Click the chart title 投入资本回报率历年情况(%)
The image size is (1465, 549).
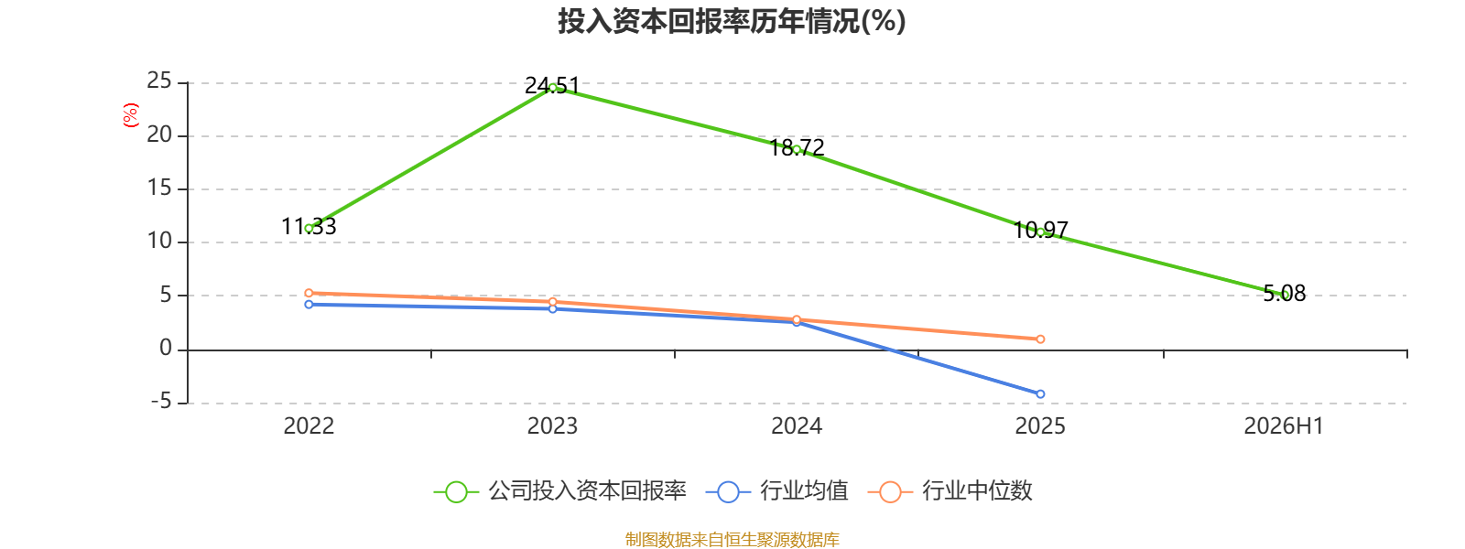click(x=732, y=21)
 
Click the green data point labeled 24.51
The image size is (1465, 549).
click(x=553, y=88)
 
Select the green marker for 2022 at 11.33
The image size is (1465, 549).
click(x=309, y=228)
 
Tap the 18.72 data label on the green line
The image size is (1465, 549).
click(x=797, y=147)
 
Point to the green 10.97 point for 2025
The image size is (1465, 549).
click(x=1040, y=232)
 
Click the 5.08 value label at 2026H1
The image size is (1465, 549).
click(x=1285, y=294)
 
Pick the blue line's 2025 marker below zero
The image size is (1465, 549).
click(x=1040, y=394)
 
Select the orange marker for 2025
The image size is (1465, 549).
click(x=1040, y=339)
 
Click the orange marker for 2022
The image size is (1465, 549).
click(x=309, y=293)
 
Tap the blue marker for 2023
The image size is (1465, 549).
click(x=553, y=308)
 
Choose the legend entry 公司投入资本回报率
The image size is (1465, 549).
click(x=559, y=490)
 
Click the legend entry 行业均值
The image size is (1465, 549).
click(x=777, y=490)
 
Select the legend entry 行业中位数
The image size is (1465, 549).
click(x=950, y=490)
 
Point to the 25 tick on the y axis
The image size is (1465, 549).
click(x=159, y=81)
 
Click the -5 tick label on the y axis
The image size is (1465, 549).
click(x=161, y=402)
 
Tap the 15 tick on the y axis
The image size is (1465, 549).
click(x=159, y=188)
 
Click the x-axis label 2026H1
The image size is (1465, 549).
click(x=1283, y=426)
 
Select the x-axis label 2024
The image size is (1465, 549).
click(x=797, y=426)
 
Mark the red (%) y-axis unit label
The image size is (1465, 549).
click(x=131, y=115)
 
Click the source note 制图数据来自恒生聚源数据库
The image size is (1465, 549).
click(x=732, y=539)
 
